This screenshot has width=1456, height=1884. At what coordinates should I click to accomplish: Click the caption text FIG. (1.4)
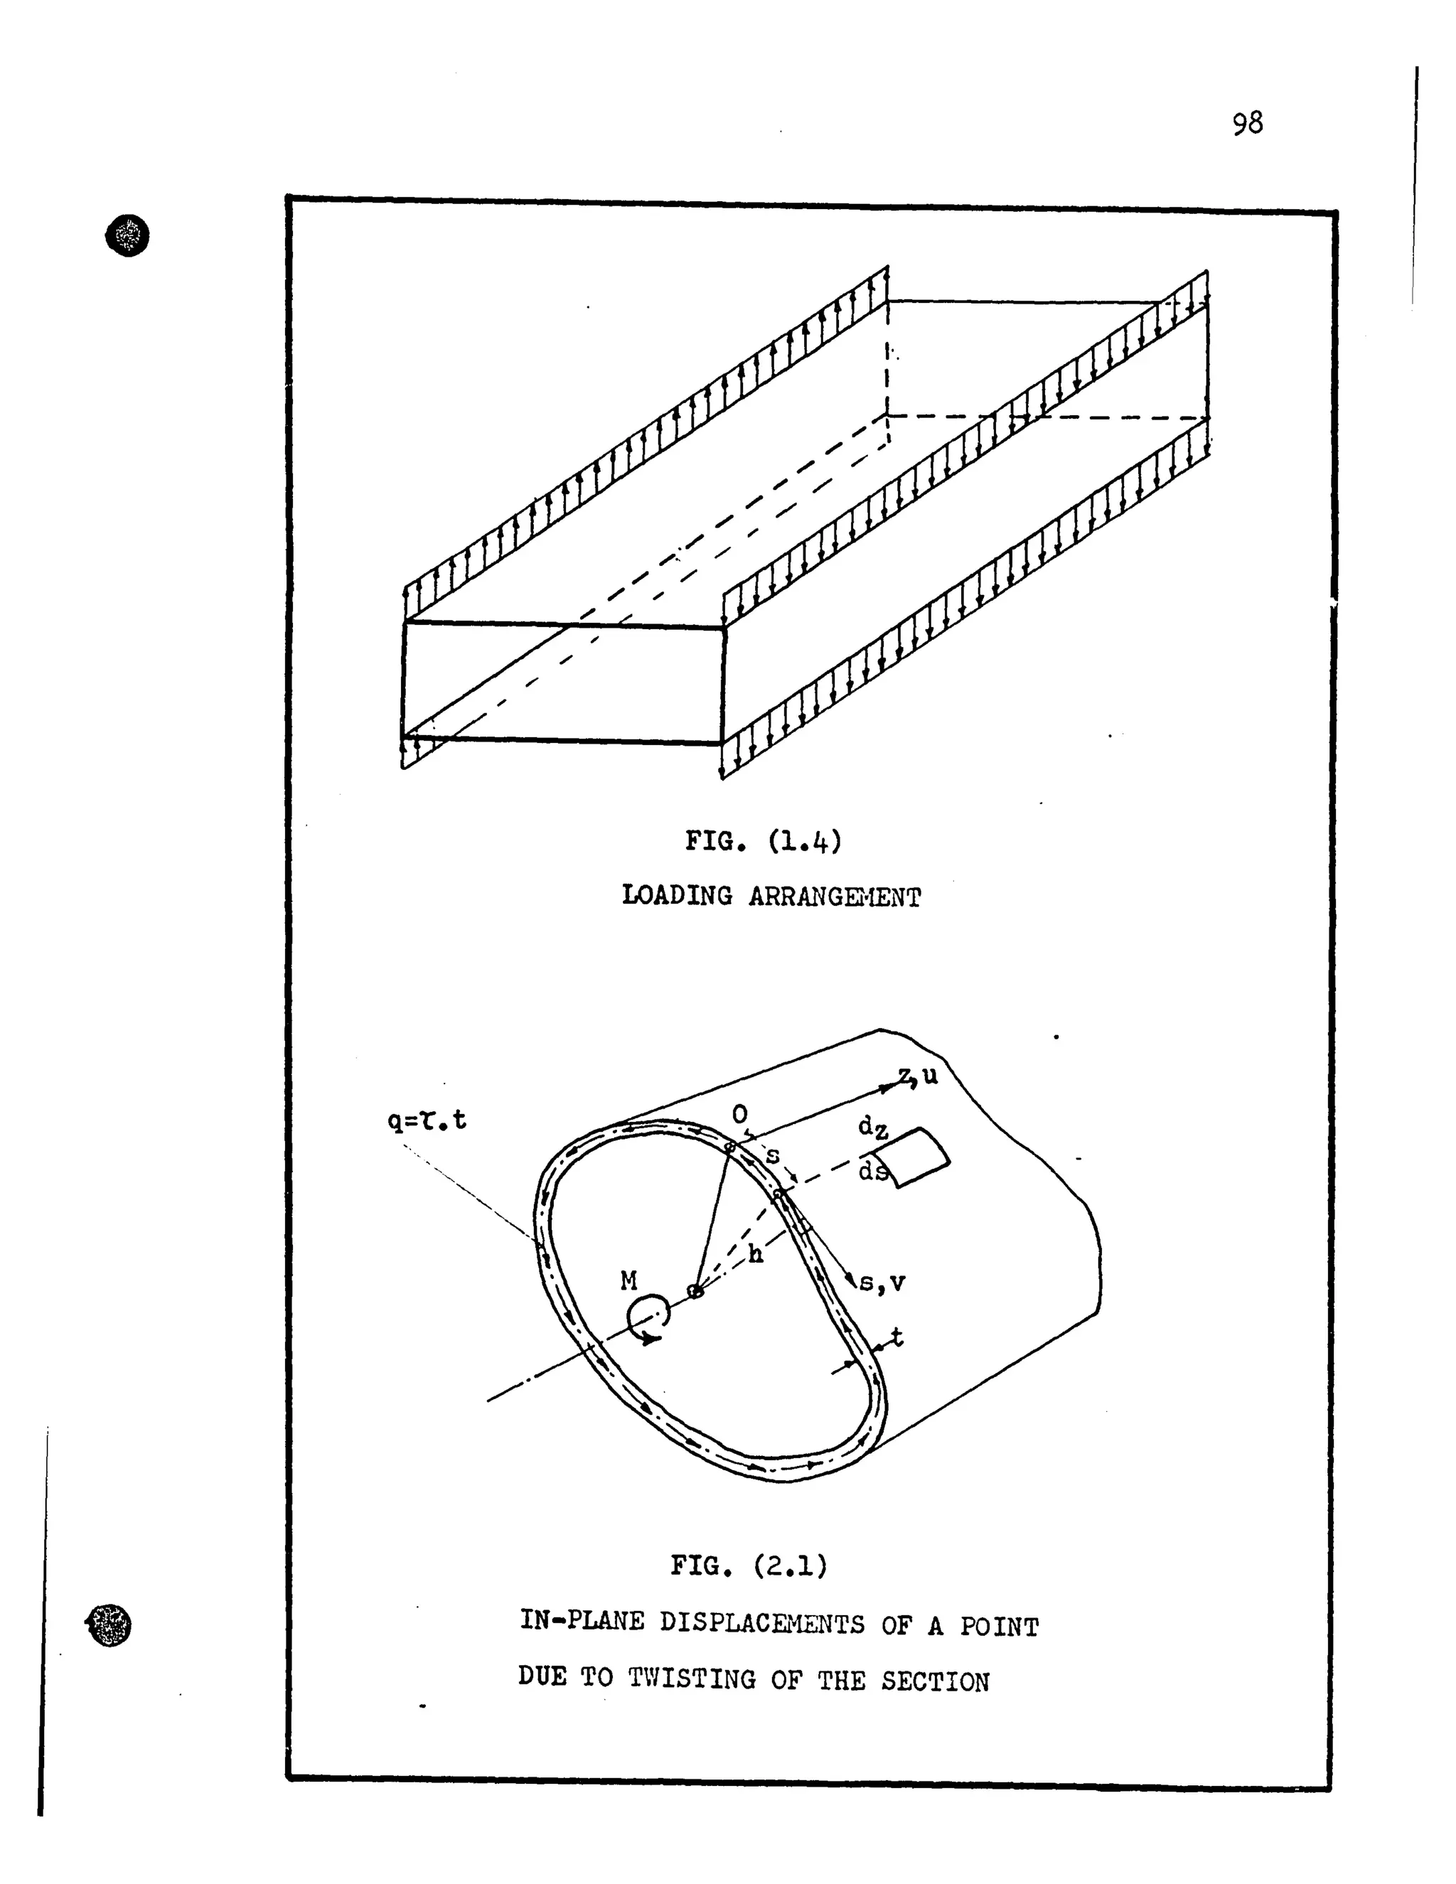[763, 840]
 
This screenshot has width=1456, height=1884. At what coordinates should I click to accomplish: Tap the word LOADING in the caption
[676, 896]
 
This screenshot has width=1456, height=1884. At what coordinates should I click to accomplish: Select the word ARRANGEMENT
[834, 898]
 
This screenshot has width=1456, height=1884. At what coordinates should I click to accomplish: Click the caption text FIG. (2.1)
[749, 1565]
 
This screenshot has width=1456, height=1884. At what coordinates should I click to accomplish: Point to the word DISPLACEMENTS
[761, 1624]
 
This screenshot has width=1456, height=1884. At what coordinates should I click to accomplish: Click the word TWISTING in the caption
[692, 1679]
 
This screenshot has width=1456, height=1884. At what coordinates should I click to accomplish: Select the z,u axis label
[918, 1076]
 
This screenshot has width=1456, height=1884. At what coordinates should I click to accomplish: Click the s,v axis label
[882, 1283]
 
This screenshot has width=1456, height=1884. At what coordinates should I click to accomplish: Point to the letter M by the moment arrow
[628, 1281]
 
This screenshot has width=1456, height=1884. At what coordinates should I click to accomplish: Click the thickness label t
[896, 1337]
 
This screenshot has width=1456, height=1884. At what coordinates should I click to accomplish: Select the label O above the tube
[739, 1115]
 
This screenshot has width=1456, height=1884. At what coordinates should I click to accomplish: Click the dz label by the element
[873, 1128]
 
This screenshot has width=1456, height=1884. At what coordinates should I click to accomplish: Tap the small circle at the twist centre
[695, 1291]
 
